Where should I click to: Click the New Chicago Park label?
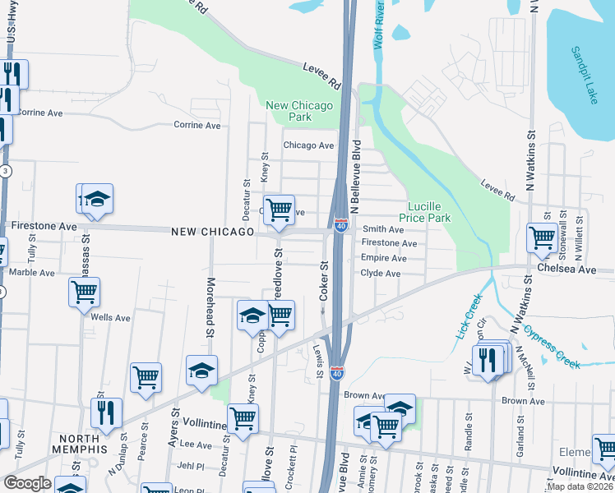point(300,111)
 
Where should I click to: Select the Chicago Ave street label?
point(308,145)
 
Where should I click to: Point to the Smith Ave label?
point(383,230)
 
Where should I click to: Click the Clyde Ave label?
point(381,273)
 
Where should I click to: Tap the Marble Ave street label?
point(33,272)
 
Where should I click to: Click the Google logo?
point(27,483)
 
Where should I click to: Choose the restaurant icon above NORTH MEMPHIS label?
point(106,412)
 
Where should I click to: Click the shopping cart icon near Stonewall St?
point(542,237)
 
